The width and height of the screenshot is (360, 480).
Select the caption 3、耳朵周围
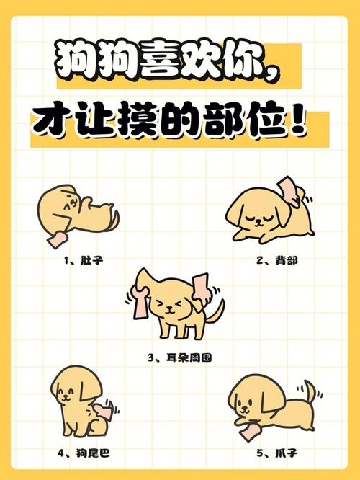[179, 357]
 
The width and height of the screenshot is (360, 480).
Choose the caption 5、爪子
[276, 453]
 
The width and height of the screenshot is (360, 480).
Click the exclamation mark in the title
[294, 122]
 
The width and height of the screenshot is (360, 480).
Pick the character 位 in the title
[264, 122]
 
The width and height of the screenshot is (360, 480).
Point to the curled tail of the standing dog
[216, 312]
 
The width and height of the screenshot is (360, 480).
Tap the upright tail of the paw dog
[310, 392]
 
